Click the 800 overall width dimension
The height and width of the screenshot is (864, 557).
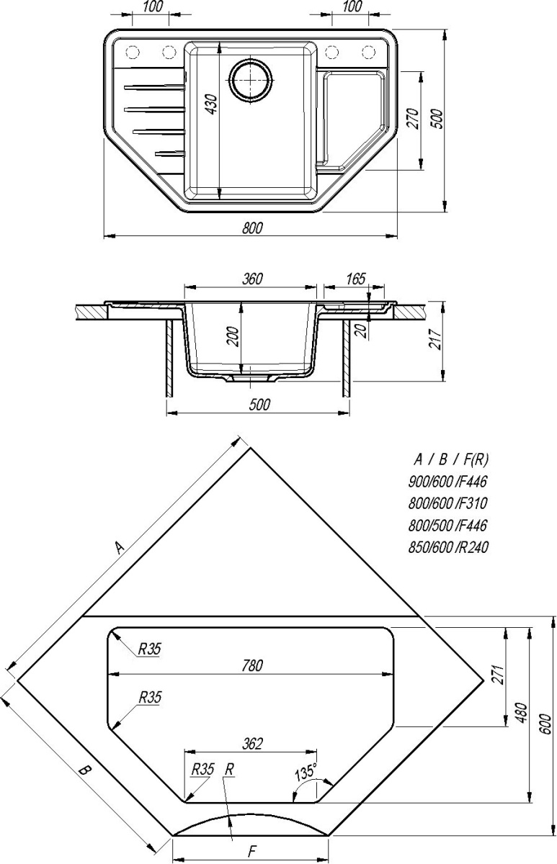[x=252, y=228]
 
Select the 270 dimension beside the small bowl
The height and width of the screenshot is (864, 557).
[x=412, y=118]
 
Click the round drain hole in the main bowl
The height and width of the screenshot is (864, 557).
[x=251, y=79]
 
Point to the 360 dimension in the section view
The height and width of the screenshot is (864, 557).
[x=252, y=279]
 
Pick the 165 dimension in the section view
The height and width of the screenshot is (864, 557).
[x=355, y=279]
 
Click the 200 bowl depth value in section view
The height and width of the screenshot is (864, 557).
[x=233, y=337]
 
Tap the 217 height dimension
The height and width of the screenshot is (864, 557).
[x=435, y=339]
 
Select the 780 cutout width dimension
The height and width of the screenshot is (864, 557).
[x=251, y=662]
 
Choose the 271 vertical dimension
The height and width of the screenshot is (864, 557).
[x=499, y=674]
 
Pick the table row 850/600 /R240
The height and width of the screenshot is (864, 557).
[x=448, y=547]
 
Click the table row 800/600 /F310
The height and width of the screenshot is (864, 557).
[x=447, y=503]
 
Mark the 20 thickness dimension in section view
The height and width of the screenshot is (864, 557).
[x=361, y=330]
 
